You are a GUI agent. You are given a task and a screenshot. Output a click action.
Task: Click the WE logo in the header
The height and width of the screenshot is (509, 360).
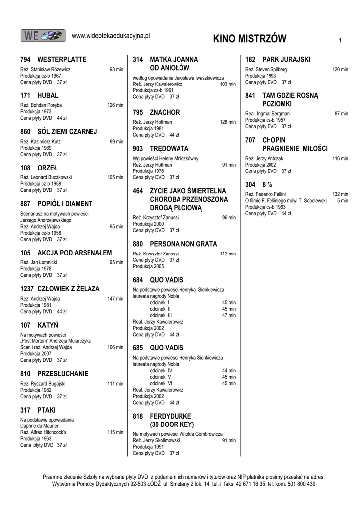[43, 35]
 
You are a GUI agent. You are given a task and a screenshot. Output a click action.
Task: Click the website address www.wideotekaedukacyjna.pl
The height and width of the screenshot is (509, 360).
[111, 35]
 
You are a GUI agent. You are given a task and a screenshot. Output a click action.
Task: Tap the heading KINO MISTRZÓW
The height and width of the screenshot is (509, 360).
[250, 39]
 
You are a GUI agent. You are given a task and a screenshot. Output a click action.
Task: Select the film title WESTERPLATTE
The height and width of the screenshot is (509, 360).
[62, 59]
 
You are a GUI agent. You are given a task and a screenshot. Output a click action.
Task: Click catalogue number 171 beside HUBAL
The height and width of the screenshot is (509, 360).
[26, 95]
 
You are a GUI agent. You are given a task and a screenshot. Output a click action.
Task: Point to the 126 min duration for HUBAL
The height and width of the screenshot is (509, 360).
[115, 105]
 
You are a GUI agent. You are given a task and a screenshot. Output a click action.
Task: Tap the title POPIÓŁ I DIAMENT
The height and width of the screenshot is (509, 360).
[65, 204]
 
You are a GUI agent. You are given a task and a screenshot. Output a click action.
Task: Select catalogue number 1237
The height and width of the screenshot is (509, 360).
[27, 289]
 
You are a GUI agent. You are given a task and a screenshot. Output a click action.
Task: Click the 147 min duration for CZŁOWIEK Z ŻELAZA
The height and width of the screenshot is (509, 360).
[115, 299]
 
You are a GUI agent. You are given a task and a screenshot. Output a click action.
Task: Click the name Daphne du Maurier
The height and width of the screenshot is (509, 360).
[40, 426]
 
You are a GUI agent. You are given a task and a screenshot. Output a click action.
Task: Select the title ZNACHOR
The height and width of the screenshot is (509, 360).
[165, 113]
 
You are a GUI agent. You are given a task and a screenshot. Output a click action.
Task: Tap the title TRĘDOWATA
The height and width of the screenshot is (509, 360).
[169, 149]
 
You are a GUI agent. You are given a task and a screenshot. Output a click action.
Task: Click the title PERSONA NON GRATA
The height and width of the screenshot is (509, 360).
[183, 244]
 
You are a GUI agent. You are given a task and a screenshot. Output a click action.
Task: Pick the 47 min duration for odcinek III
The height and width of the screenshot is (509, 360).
[229, 315]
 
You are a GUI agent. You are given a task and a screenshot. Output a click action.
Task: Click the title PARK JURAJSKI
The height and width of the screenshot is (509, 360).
[286, 59]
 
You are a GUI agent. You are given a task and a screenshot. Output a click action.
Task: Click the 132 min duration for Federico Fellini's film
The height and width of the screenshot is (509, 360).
[340, 194]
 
